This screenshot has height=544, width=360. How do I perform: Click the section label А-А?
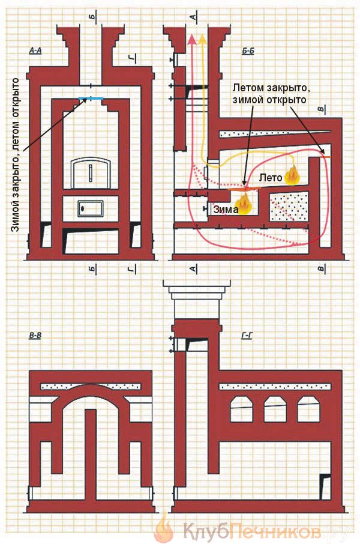(35, 50)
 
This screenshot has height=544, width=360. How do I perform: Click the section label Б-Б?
(248, 52)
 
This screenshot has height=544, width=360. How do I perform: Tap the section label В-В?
(35, 336)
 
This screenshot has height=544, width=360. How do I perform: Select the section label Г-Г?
(247, 336)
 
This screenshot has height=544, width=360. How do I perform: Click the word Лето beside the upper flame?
(271, 178)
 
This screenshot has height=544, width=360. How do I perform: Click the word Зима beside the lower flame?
(226, 209)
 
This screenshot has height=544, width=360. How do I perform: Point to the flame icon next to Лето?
(292, 175)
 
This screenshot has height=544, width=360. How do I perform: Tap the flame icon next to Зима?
(245, 204)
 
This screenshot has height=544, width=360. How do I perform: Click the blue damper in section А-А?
(91, 99)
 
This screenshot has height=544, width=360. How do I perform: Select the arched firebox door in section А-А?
(91, 173)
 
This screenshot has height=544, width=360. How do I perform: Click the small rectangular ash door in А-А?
(91, 208)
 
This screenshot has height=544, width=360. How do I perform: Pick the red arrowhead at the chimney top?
(191, 38)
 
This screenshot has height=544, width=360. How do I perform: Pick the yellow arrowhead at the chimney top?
(203, 38)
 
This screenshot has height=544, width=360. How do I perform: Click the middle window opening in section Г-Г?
(275, 410)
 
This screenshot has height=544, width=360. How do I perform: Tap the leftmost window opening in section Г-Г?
(242, 410)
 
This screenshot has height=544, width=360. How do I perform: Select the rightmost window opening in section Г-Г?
(308, 410)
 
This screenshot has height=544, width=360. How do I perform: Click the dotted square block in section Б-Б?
(289, 206)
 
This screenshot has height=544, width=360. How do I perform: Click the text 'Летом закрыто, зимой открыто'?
(271, 93)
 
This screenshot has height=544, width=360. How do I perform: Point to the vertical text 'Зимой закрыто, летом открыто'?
(15, 155)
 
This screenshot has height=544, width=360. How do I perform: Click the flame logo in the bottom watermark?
(164, 528)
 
